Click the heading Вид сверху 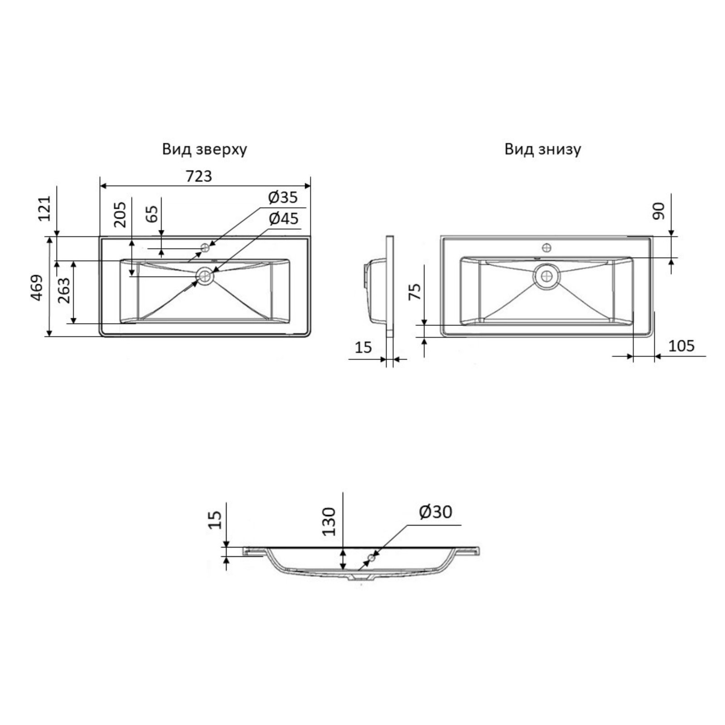[x=205, y=150]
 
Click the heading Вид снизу [x=543, y=149]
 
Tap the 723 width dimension [x=199, y=176]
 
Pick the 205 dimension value [x=120, y=214]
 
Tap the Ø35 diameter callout [x=283, y=197]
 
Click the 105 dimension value [x=681, y=346]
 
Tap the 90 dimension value [x=658, y=211]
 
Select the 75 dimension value [x=415, y=291]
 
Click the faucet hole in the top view [x=205, y=247]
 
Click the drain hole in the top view [x=205, y=275]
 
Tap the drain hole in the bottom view [x=547, y=275]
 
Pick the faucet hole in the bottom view [x=547, y=247]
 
